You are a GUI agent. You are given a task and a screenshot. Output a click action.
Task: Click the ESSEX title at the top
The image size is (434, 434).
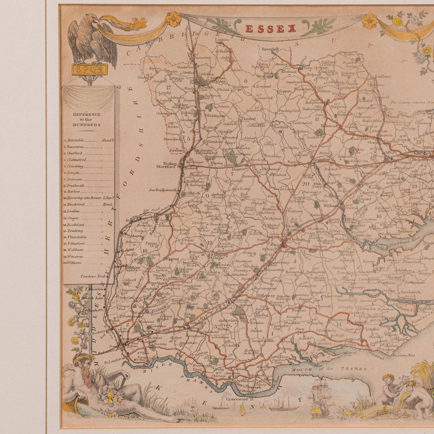pos(271,29)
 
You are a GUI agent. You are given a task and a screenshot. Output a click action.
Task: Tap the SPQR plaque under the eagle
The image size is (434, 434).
pos(89,70)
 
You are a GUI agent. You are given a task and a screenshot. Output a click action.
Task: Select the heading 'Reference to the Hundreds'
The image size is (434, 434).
pos(86,119)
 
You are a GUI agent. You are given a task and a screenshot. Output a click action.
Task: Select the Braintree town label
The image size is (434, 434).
pos(321,159)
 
